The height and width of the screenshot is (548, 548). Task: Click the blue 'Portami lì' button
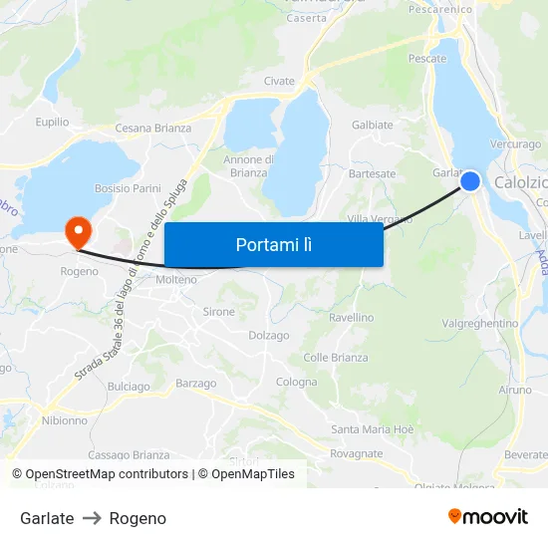pos(273,244)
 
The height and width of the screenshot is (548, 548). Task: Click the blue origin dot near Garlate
pos(470,180)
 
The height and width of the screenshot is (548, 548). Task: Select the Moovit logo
pos(487,517)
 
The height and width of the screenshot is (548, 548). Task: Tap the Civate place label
pos(279,82)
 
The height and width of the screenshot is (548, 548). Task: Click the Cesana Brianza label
pos(152,129)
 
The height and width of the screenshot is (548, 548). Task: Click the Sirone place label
pos(219,312)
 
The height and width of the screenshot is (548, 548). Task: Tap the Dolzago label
pos(268,336)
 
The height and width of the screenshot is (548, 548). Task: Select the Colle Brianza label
pos(336,358)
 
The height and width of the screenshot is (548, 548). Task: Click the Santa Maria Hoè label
pos(373,429)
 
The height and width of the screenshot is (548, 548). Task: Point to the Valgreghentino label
pos(480,324)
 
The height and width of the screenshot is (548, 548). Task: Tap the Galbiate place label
pos(373,126)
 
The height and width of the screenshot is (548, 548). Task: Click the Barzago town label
pos(195,384)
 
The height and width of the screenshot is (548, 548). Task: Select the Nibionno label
pos(65,420)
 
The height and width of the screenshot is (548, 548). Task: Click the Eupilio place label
pos(52,123)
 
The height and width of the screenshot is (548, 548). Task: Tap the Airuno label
pos(515,391)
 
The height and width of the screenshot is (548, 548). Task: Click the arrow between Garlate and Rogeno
pos(92,518)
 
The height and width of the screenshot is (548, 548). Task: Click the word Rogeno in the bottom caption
pos(137,518)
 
